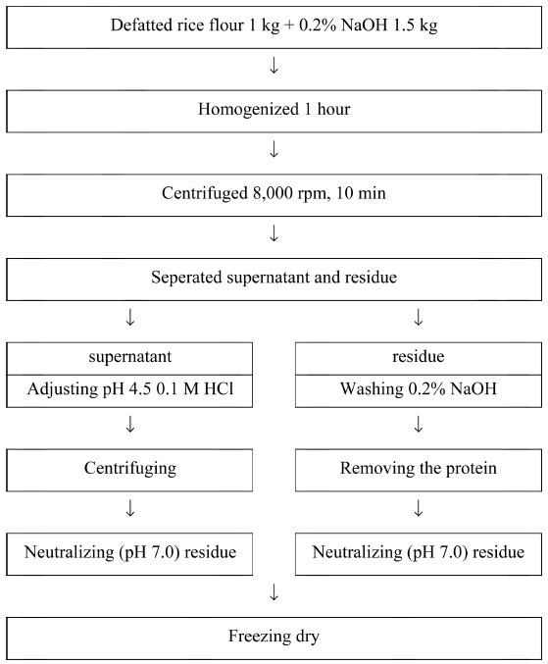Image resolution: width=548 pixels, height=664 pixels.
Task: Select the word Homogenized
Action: [x=248, y=110]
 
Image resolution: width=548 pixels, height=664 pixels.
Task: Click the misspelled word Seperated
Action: [x=186, y=279]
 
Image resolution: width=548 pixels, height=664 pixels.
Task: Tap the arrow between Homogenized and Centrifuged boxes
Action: [x=274, y=149]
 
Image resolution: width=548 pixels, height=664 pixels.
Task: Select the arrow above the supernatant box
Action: [x=130, y=317]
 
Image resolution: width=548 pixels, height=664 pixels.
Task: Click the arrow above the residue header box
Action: [x=418, y=317]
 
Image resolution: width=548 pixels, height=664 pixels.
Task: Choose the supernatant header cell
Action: [x=129, y=359]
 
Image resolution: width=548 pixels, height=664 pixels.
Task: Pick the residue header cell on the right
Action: [x=418, y=359]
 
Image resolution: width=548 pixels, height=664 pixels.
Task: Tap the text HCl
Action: [x=219, y=388]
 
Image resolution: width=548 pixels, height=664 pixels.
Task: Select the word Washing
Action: [x=372, y=389]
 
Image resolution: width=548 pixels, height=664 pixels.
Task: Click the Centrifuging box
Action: [x=129, y=470]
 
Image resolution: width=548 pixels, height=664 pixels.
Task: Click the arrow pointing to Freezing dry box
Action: [x=274, y=592]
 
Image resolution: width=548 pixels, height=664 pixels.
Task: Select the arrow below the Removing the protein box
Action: [x=418, y=509]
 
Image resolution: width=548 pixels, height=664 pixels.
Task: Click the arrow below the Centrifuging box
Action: [x=130, y=509]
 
